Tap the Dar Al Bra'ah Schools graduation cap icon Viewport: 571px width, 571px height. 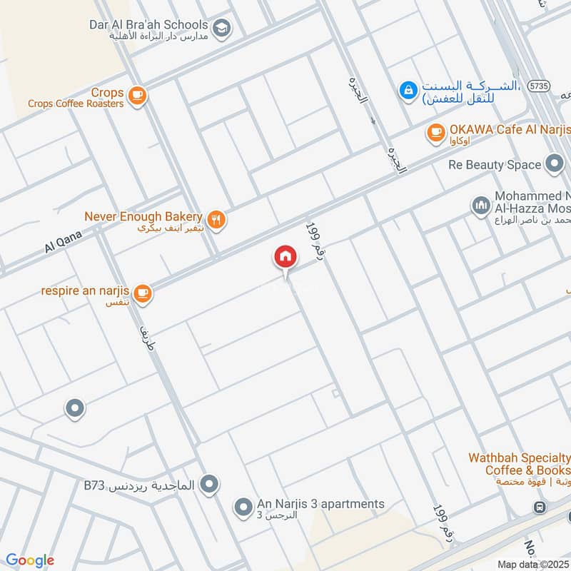(x=222, y=27)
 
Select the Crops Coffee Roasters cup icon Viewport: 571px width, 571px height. (x=138, y=94)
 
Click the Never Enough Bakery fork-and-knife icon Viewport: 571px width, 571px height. (x=218, y=219)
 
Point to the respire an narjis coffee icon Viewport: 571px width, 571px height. (x=143, y=293)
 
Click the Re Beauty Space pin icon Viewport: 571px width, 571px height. (x=554, y=165)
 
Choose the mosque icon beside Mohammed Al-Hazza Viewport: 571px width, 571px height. (x=480, y=206)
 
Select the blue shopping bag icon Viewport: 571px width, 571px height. (x=408, y=91)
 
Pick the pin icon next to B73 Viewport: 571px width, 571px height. (x=209, y=485)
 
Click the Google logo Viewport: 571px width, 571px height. (x=29, y=560)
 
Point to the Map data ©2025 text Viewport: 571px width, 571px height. (x=532, y=564)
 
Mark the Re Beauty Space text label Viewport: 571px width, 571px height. (x=494, y=165)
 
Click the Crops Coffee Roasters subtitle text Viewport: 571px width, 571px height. (x=76, y=103)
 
